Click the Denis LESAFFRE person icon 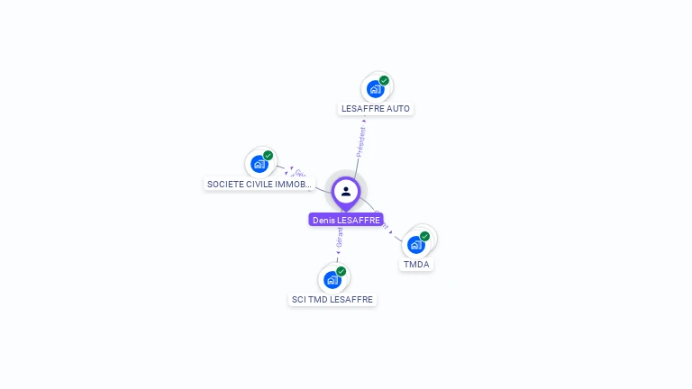[346, 191]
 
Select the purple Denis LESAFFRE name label [346, 220]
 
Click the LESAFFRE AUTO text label [376, 109]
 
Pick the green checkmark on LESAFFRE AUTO [384, 80]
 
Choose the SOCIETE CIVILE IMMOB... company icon [259, 164]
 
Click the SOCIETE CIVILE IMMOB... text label [259, 185]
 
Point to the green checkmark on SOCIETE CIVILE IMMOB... [268, 155]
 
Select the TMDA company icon [415, 244]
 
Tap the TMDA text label [416, 265]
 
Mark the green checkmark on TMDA [424, 236]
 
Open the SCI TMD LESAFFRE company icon [332, 280]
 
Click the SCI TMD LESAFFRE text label [332, 300]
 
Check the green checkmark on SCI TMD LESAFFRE [341, 271]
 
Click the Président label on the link [361, 141]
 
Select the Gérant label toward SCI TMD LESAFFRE [340, 238]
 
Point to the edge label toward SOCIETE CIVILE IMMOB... [300, 173]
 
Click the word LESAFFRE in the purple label [359, 220]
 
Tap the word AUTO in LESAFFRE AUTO [398, 109]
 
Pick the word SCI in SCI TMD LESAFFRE [299, 300]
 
